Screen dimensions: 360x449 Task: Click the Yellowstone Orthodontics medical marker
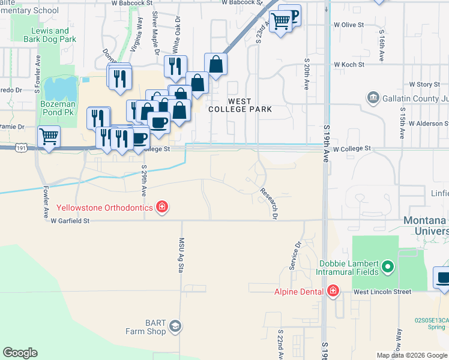click(161, 208)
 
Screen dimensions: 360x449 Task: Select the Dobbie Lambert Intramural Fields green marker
click(388, 266)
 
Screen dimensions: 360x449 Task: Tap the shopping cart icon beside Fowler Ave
click(49, 136)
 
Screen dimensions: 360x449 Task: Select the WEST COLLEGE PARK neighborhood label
click(240, 105)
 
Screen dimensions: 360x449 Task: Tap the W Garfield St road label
click(70, 221)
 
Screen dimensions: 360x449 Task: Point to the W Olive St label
click(349, 25)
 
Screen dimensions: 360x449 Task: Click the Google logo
click(20, 353)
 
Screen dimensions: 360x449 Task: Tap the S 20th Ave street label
click(306, 74)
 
